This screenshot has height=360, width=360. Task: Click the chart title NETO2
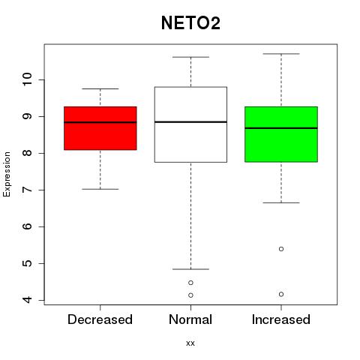190,23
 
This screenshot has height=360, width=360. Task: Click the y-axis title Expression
7,174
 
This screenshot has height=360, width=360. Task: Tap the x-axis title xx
190,343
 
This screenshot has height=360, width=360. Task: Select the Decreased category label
100,319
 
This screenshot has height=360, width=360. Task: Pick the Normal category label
190,319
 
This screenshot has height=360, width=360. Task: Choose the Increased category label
281,319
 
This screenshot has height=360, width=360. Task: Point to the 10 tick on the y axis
27,79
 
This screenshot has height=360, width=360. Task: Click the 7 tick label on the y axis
27,190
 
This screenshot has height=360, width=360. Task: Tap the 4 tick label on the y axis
27,300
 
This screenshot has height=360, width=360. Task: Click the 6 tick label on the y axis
27,226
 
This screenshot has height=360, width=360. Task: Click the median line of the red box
100,122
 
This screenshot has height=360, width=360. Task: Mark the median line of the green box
281,128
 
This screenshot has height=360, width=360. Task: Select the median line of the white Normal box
190,122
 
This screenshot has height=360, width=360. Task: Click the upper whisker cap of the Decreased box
100,88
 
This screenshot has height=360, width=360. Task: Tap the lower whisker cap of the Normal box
190,269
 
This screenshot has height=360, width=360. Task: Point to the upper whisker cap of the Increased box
281,54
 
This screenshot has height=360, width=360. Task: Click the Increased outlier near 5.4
281,249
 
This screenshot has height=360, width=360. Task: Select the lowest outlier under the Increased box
281,294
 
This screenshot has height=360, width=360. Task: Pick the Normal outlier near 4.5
190,283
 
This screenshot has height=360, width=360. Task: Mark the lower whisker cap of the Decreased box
100,189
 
